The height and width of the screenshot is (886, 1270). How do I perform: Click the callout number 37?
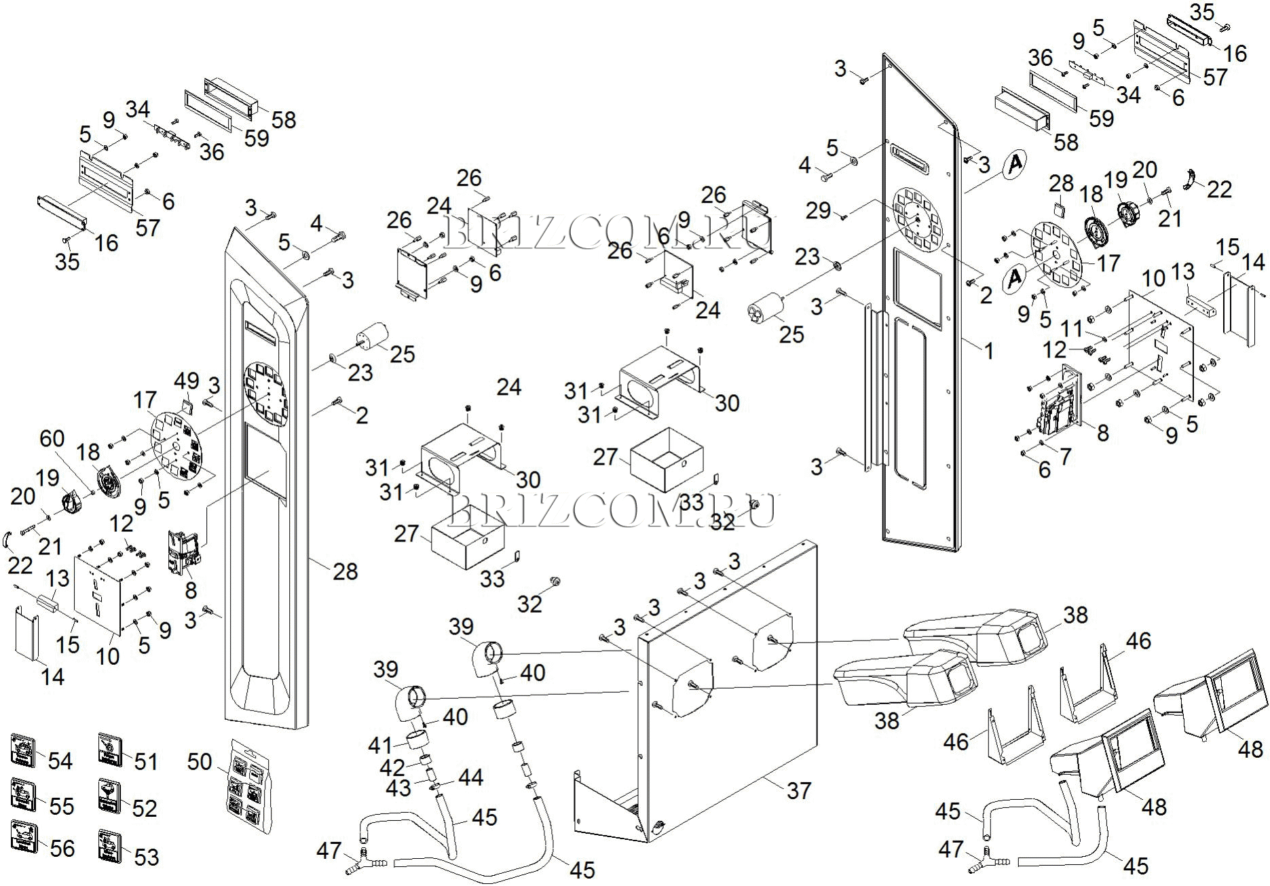tap(799, 790)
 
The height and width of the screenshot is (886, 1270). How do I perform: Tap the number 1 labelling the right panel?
tap(989, 351)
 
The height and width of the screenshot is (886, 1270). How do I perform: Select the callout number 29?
tap(818, 210)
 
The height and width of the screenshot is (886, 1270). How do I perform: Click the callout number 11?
tap(1072, 328)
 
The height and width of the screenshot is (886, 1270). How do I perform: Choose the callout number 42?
tap(392, 767)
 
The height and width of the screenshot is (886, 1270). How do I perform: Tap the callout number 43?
tap(398, 788)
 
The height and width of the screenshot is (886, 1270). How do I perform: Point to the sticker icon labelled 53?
tap(109, 845)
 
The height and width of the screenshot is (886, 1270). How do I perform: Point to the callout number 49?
tap(186, 381)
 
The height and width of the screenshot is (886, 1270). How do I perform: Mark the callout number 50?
tap(200, 762)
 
